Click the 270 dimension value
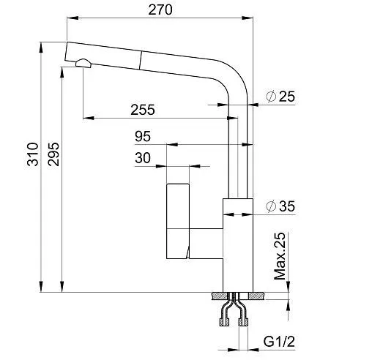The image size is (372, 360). coord(160,10)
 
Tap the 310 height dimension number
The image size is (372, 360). coord(33,154)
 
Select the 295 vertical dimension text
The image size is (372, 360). coord(53,154)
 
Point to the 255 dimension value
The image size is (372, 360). coord(143,110)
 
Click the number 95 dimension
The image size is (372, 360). coord(143,136)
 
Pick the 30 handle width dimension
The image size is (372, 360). coord(143,158)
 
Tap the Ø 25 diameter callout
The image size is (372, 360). coord(280,97)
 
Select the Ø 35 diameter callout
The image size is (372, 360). coord(280,206)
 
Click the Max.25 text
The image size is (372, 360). coord(280,256)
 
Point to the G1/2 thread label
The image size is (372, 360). coord(279,341)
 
